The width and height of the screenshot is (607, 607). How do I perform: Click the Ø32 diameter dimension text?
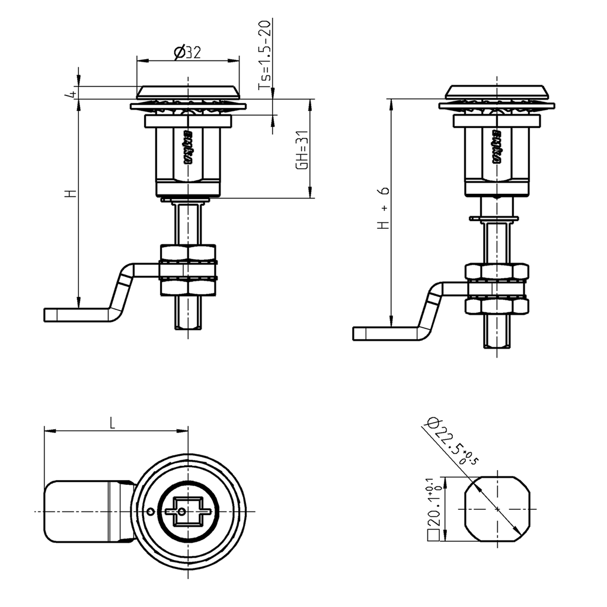pos(188,53)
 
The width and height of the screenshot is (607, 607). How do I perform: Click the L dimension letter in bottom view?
pos(113,422)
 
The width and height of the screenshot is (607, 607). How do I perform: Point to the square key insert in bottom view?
pos(187,511)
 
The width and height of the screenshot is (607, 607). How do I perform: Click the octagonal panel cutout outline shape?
pos(497,509)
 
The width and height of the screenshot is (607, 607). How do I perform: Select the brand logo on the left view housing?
pos(188,146)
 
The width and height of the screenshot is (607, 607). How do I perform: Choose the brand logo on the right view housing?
pos(496,146)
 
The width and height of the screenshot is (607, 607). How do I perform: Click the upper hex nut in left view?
pos(188,254)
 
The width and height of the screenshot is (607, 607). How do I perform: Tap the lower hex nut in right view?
pos(496,306)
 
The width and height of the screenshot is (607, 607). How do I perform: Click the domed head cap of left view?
pos(188,92)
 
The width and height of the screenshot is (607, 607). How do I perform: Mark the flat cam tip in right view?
pos(379,333)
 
